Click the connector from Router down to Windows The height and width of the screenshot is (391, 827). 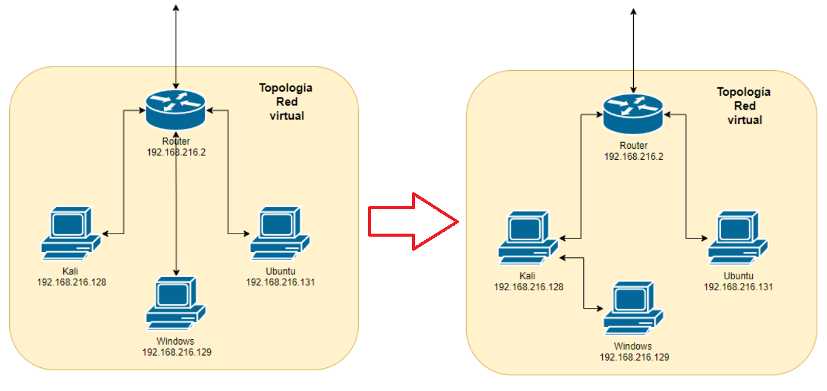176,207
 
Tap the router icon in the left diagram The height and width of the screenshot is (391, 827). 176,109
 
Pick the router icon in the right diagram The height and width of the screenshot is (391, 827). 633,113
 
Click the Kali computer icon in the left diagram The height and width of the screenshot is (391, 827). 70,231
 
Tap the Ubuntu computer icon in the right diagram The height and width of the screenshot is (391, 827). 737,238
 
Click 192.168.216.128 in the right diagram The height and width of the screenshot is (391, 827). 528,287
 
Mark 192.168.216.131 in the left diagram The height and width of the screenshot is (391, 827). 280,282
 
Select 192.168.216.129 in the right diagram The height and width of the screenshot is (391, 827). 634,357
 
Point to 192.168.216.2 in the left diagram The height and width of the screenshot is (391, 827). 176,152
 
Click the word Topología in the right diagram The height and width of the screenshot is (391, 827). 744,92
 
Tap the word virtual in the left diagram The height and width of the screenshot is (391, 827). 286,115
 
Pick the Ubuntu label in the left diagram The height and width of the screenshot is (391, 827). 280,271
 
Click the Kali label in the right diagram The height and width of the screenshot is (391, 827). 528,276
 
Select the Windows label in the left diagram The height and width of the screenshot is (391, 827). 176,341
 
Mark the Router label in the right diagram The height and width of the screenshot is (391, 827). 633,146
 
